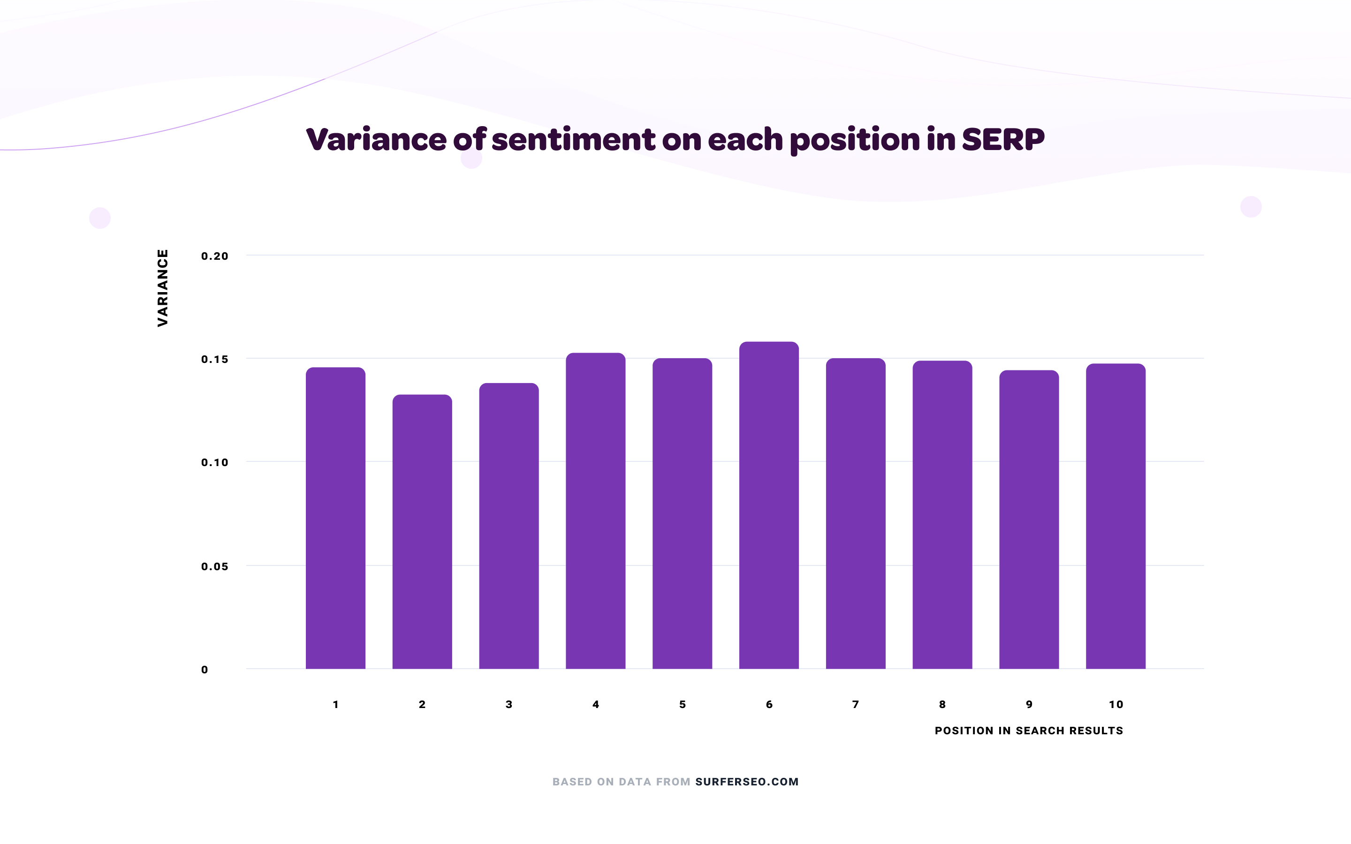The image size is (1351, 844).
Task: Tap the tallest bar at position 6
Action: pyautogui.click(x=769, y=505)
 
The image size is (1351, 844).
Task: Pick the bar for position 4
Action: pyautogui.click(x=596, y=511)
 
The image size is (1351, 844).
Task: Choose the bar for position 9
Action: pyautogui.click(x=1029, y=519)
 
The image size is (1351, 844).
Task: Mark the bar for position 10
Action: pyautogui.click(x=1116, y=516)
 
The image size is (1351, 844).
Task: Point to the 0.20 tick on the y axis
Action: pyautogui.click(x=215, y=256)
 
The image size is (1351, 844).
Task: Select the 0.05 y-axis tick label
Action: pyautogui.click(x=215, y=566)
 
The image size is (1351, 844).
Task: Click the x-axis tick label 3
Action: pyautogui.click(x=509, y=704)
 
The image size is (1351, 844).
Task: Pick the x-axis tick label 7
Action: pyautogui.click(x=855, y=704)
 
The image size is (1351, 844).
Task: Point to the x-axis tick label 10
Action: pyautogui.click(x=1116, y=704)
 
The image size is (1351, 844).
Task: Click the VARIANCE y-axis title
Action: pyautogui.click(x=162, y=288)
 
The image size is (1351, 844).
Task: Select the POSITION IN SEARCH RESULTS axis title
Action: pyautogui.click(x=1029, y=731)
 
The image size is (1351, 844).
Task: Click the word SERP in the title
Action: pyautogui.click(x=1002, y=140)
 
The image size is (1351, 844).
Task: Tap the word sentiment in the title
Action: pyautogui.click(x=573, y=140)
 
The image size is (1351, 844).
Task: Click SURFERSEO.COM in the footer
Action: pyautogui.click(x=747, y=782)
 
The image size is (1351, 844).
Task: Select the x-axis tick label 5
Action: pyautogui.click(x=682, y=704)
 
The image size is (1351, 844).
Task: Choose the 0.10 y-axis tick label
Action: pyautogui.click(x=215, y=463)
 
